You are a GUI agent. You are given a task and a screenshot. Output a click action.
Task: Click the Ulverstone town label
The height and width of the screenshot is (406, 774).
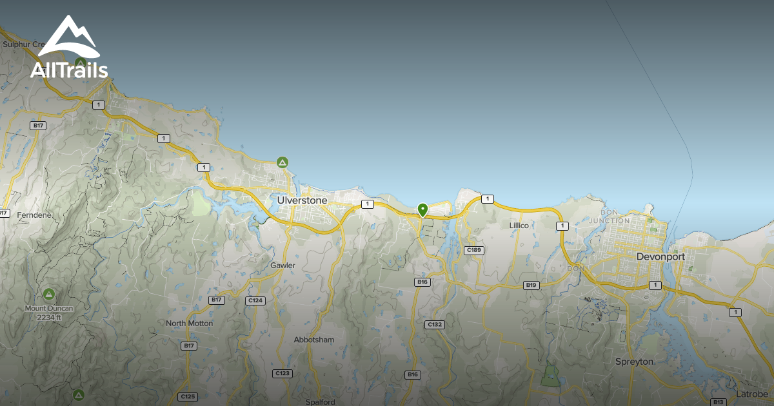(x=303, y=200)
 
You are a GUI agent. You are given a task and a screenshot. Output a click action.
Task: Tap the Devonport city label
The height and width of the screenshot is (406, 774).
(x=660, y=256)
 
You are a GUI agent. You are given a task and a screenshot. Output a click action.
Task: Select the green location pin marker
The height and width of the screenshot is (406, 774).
(x=422, y=210)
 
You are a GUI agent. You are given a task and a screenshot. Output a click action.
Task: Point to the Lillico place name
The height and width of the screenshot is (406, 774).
(x=519, y=226)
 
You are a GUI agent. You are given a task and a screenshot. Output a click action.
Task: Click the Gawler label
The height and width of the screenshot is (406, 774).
(x=283, y=266)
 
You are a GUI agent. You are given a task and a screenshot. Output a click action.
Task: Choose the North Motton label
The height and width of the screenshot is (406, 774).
(x=189, y=324)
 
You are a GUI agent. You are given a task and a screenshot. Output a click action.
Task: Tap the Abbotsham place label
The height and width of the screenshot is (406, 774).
(x=314, y=340)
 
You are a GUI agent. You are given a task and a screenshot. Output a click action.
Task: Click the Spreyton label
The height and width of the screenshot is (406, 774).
(x=635, y=362)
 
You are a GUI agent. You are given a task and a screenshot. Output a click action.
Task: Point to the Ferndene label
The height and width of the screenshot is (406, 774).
(x=34, y=215)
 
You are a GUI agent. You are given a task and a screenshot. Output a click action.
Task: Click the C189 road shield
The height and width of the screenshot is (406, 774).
(x=474, y=250)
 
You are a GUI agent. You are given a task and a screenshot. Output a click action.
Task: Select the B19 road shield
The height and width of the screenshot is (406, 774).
(x=531, y=285)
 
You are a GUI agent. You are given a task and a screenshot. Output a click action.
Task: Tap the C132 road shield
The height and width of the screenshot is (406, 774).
(x=435, y=325)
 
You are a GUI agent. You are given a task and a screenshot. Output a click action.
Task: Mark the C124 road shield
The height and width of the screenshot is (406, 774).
(x=255, y=300)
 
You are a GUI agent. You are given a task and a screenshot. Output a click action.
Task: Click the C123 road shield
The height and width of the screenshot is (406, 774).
(x=282, y=373)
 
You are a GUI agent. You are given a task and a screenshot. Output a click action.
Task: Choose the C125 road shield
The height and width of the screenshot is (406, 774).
(x=187, y=396)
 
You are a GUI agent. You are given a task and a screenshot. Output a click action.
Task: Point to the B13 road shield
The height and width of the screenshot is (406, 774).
(x=719, y=402)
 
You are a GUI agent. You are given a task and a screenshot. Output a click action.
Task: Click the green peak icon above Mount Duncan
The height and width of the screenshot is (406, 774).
(x=49, y=295)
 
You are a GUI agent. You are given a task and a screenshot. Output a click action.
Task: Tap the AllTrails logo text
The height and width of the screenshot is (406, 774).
(x=69, y=70)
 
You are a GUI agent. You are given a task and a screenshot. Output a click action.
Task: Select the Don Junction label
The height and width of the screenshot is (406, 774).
(x=615, y=217)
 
